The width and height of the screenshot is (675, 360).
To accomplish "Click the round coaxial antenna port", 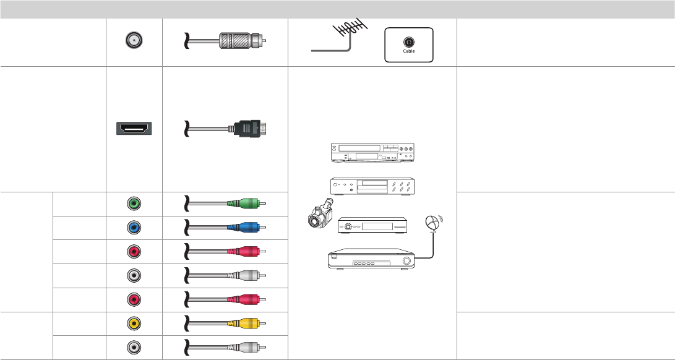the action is pyautogui.click(x=134, y=41).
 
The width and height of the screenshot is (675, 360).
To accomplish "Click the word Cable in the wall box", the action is pyautogui.click(x=409, y=51).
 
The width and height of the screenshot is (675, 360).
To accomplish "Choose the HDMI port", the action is pyautogui.click(x=134, y=129).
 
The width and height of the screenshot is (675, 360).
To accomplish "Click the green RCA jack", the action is pyautogui.click(x=134, y=204).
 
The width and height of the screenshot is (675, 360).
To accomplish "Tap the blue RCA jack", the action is pyautogui.click(x=134, y=228).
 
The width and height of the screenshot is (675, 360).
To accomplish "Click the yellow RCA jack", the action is pyautogui.click(x=134, y=324).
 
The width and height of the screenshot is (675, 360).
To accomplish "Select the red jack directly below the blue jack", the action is pyautogui.click(x=134, y=252).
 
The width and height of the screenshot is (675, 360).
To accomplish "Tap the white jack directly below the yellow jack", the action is pyautogui.click(x=134, y=347).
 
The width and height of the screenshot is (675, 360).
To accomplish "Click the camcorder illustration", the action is pyautogui.click(x=321, y=213).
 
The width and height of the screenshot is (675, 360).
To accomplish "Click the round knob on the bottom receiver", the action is pyautogui.click(x=406, y=261).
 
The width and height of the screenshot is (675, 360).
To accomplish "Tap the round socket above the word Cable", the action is pyautogui.click(x=409, y=42).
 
